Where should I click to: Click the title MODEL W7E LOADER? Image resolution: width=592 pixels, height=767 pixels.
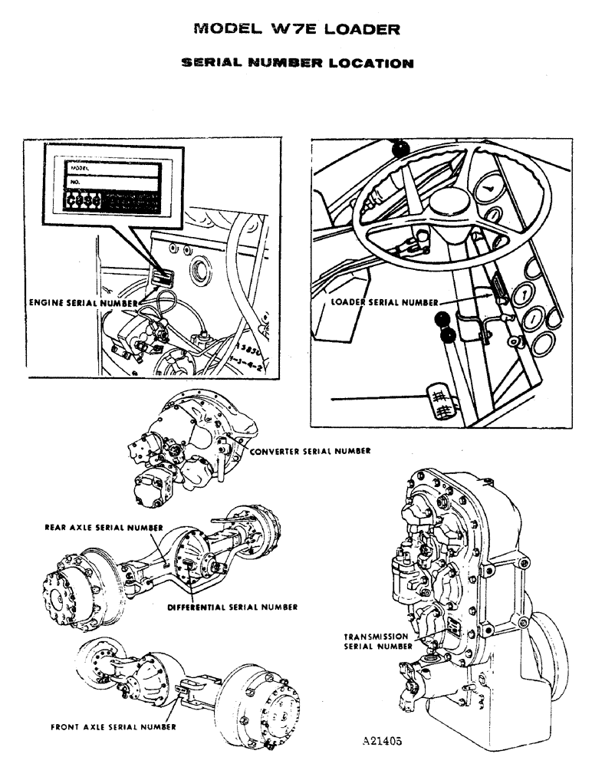(297, 30)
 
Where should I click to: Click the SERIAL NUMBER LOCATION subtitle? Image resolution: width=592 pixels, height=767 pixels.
(297, 63)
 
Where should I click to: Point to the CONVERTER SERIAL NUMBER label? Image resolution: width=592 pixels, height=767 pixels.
(310, 452)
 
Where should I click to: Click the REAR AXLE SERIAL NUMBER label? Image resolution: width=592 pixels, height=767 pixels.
(104, 528)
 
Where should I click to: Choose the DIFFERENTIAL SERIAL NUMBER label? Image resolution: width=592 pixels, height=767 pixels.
(232, 607)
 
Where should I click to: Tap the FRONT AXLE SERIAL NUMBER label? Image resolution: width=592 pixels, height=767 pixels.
(113, 726)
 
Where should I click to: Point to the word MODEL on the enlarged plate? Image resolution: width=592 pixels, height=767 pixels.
(80, 166)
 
